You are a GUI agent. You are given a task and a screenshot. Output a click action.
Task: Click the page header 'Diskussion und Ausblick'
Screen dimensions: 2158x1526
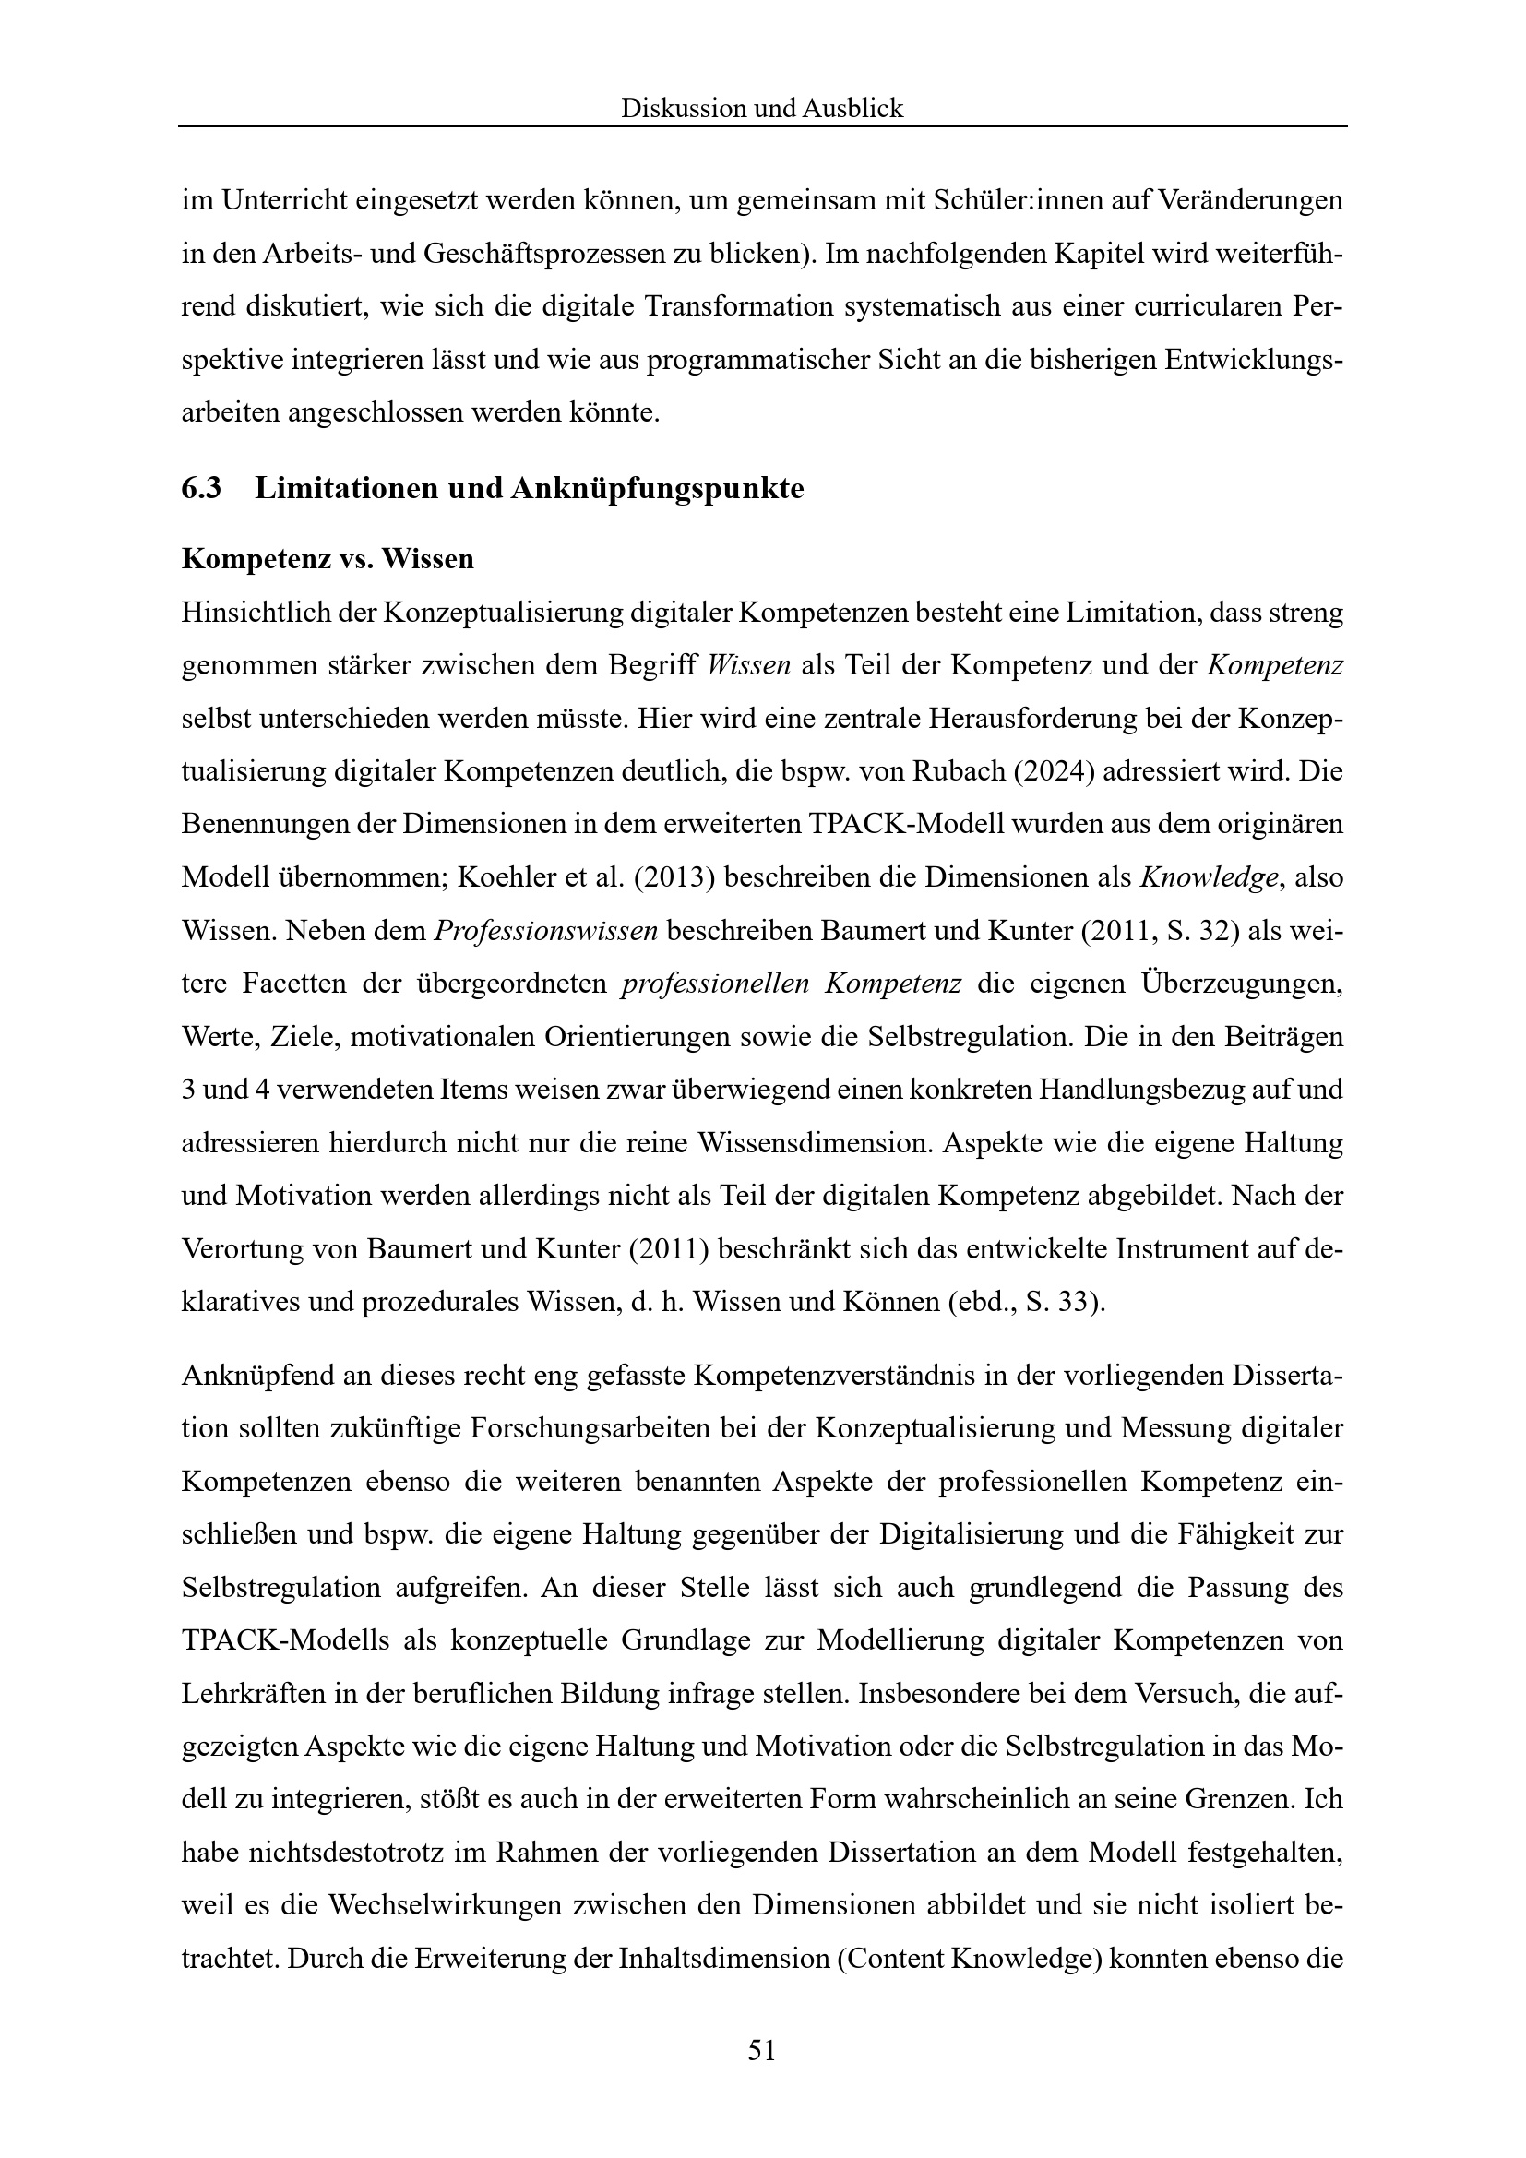point(762,109)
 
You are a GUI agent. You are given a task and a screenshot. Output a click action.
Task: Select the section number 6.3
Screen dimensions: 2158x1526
point(201,489)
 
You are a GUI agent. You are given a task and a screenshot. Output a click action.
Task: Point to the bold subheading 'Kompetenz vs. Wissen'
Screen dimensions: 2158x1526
point(327,559)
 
